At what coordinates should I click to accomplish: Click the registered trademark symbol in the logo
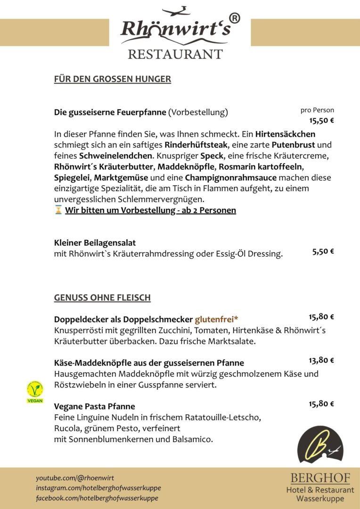point(235,18)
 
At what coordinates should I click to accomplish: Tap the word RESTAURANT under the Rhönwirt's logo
point(175,54)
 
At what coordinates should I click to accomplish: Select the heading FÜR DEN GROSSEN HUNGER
point(112,79)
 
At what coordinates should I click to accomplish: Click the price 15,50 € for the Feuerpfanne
point(322,120)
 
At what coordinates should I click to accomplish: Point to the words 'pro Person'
point(317,110)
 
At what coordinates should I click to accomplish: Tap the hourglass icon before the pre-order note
point(58,210)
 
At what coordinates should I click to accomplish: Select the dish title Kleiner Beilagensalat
point(95,243)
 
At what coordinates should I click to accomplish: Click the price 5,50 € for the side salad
point(323,251)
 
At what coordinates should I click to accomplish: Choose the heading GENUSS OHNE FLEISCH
point(102,297)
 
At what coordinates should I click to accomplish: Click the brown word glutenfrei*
point(216,319)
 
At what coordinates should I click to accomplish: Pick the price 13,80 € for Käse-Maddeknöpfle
point(321,361)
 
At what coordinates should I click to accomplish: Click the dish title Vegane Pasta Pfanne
point(94,406)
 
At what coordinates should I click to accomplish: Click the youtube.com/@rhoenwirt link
point(75,478)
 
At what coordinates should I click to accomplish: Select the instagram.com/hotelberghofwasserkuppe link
point(98,488)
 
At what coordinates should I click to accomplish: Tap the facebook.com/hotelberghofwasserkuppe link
point(97,498)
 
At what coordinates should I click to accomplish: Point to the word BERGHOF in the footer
point(320,478)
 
